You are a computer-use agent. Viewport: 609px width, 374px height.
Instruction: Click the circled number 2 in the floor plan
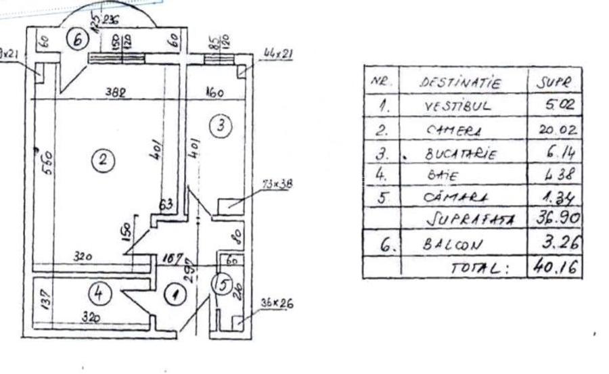[x=102, y=160]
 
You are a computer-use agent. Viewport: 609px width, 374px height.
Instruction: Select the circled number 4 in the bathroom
[x=99, y=294]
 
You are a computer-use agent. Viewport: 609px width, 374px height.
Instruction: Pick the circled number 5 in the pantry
[x=223, y=285]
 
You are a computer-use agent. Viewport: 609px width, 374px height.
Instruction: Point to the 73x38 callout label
[x=277, y=183]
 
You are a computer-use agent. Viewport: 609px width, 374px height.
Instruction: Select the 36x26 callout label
[x=277, y=303]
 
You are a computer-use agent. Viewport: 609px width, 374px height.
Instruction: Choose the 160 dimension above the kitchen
[x=215, y=93]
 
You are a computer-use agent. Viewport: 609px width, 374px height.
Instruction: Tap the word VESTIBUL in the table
[x=457, y=106]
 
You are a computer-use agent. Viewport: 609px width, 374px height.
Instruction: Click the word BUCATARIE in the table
[x=461, y=154]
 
